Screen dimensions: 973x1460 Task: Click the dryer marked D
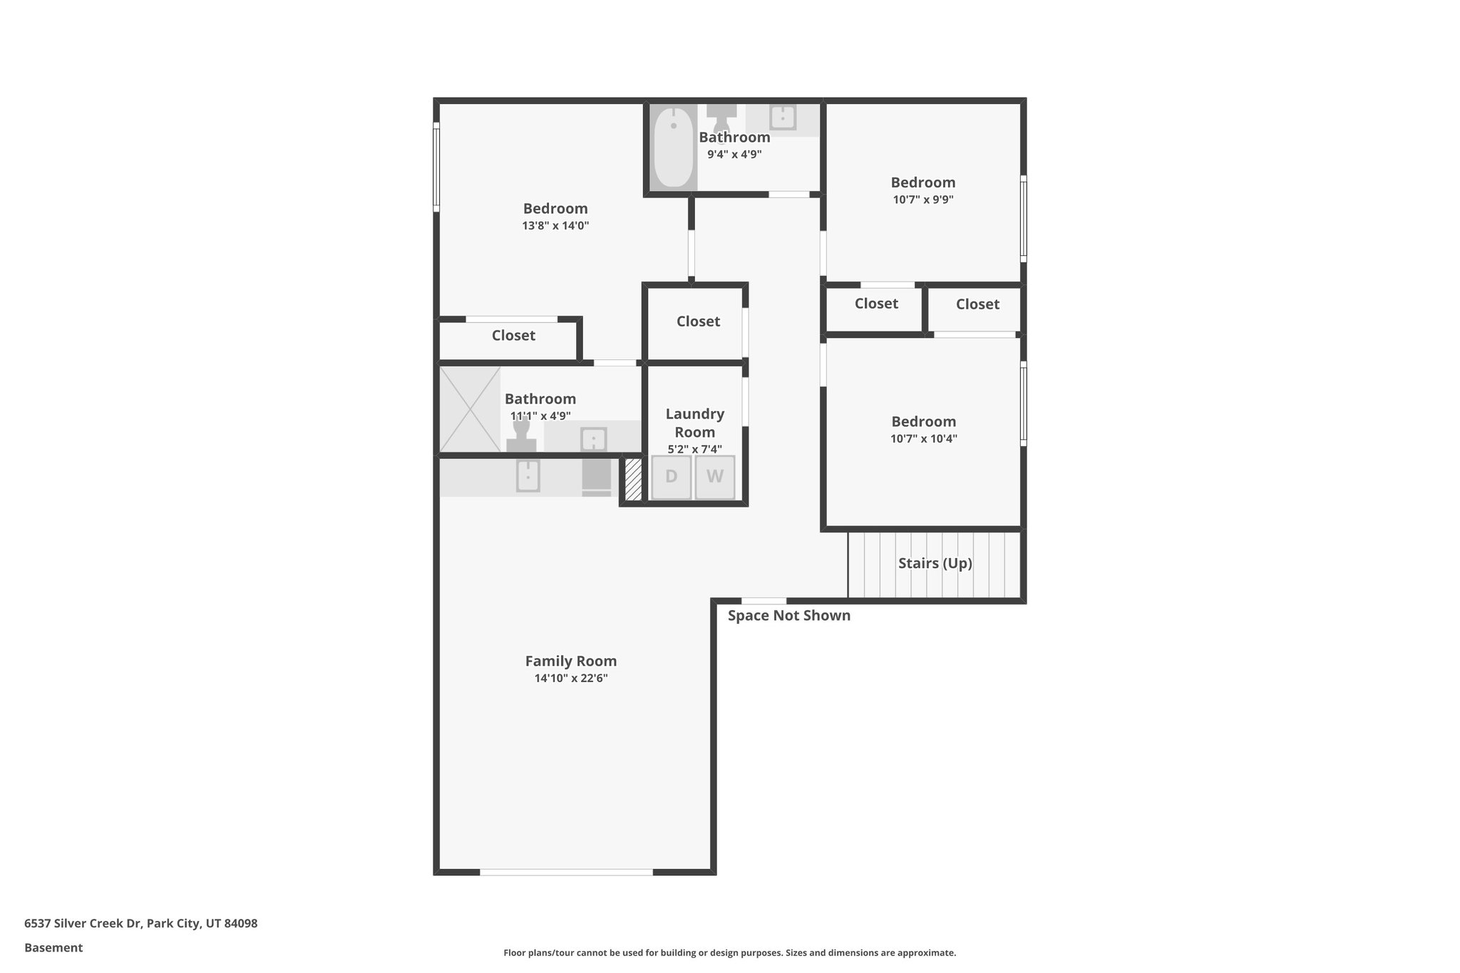tap(671, 477)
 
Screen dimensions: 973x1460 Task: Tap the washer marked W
tap(715, 477)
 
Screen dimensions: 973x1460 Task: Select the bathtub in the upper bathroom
tap(673, 148)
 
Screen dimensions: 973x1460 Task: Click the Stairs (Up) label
tap(935, 563)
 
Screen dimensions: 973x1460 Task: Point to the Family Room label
tap(570, 661)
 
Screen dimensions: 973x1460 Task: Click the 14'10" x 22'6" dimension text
tap(570, 678)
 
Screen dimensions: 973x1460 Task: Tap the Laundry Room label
tap(694, 423)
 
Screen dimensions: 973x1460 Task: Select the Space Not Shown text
tap(788, 615)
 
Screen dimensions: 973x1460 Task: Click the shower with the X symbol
tap(470, 409)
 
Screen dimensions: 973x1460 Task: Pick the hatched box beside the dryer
tap(633, 479)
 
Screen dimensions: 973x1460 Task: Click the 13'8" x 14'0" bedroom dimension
tap(555, 226)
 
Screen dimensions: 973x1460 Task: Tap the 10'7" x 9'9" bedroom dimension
tap(922, 200)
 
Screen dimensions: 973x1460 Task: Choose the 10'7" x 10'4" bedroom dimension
tap(923, 438)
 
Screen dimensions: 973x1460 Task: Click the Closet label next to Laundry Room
tap(698, 321)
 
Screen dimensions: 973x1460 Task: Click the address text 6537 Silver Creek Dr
tap(140, 923)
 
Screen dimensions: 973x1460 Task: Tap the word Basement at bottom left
tap(53, 947)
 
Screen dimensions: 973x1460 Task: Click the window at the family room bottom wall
tap(566, 872)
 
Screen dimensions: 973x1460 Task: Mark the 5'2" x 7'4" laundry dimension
tap(694, 449)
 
